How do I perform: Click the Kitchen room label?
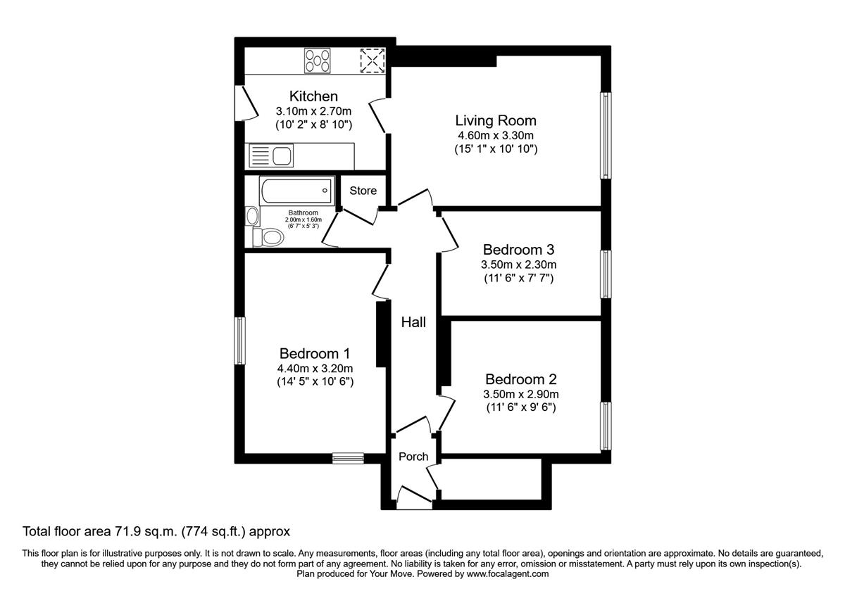(313, 96)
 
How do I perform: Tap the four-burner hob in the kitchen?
(318, 60)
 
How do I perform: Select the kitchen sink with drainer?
(272, 155)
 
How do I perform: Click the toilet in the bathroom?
(268, 237)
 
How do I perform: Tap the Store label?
(363, 191)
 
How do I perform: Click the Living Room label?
(495, 120)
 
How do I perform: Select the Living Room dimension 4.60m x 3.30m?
(495, 136)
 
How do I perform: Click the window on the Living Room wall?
(605, 135)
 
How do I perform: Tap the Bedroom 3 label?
(518, 250)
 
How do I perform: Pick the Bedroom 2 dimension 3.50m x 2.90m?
(520, 394)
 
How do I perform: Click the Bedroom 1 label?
(315, 353)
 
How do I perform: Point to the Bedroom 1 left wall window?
(240, 341)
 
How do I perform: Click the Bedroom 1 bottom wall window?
(348, 458)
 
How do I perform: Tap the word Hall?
(413, 323)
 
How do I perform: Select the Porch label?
(413, 457)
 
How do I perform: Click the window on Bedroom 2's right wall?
(605, 426)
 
